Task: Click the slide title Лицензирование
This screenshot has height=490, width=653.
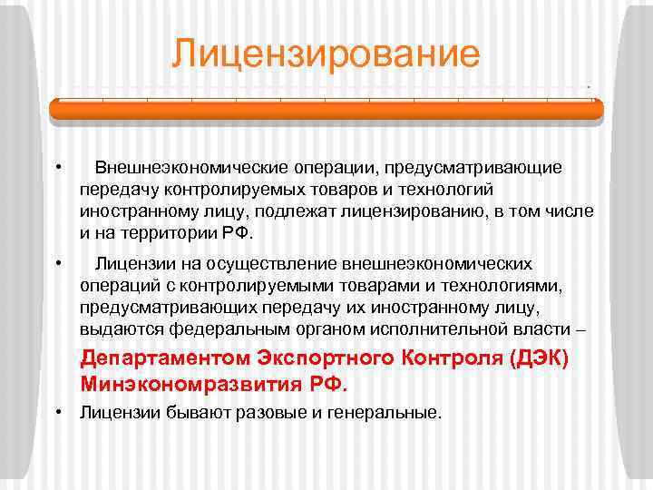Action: (x=326, y=54)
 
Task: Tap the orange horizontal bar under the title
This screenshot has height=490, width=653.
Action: (x=326, y=110)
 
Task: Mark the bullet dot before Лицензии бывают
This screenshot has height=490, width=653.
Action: (x=58, y=413)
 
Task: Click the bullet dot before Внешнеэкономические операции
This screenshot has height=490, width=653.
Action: (x=58, y=168)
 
